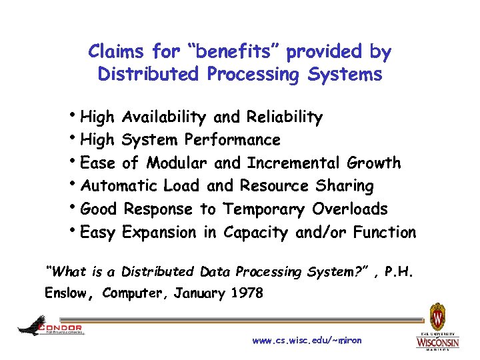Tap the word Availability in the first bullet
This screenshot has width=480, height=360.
pos(165,117)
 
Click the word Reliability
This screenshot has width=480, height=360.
pos(284,117)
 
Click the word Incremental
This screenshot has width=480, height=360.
pos(294,163)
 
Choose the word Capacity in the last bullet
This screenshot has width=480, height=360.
pos(257,233)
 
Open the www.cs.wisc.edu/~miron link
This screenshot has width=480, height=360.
pos(307,341)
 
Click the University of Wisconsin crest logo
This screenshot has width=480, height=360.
pos(437,317)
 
